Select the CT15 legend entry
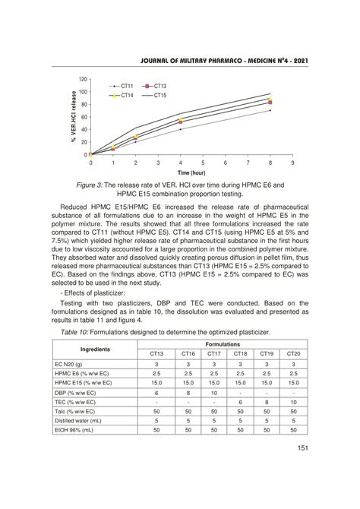[160, 96]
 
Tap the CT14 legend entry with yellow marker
[126, 96]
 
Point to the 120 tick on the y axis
[84, 79]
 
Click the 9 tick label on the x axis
[292, 163]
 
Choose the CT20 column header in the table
[292, 354]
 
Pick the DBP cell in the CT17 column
[213, 393]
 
